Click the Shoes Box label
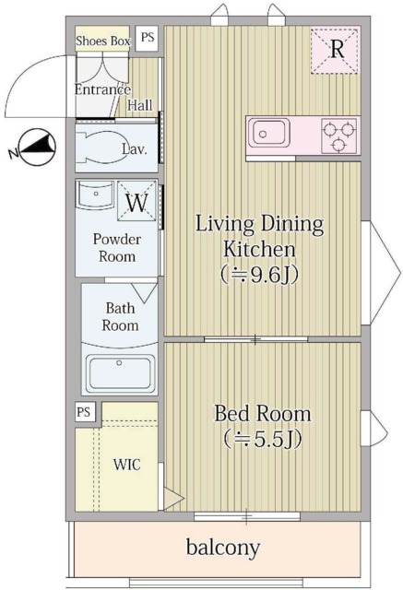103,41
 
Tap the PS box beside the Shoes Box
148,38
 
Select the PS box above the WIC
84,412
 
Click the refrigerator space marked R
335,51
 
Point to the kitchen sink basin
268,133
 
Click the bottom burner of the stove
338,144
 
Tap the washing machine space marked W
136,202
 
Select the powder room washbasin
95,195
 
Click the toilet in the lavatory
101,147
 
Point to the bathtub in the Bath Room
121,374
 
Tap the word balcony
223,548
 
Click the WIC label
127,465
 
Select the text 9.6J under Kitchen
269,276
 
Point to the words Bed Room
263,414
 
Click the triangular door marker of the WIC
173,499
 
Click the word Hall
140,105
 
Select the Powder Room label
117,248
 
